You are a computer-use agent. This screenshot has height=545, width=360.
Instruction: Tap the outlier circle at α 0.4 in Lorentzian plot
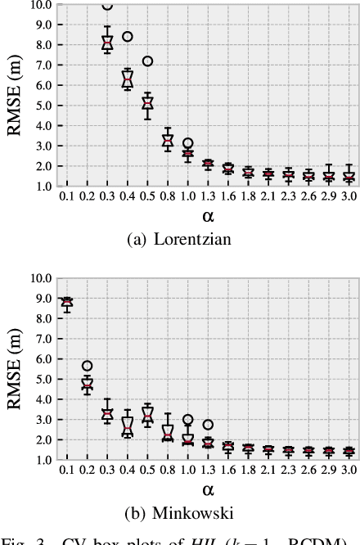[x=128, y=37]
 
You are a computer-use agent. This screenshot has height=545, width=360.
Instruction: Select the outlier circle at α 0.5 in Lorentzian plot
[x=147, y=61]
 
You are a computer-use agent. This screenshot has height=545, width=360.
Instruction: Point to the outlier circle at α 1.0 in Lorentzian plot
[x=187, y=143]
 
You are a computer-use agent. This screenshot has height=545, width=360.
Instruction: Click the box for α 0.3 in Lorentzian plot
[x=107, y=43]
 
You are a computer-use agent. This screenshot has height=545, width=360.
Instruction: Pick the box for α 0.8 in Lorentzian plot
[x=168, y=140]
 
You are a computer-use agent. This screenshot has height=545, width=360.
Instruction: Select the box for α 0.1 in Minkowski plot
[x=67, y=302]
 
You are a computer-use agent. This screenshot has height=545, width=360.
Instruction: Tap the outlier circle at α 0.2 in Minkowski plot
[x=88, y=366]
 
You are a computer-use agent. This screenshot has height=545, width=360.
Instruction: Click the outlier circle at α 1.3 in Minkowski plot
[x=208, y=425]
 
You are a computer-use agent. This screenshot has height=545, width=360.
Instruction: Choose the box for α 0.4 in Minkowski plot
[x=128, y=426]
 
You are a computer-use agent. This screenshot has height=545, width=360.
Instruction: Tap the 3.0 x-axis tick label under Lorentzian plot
[x=348, y=196]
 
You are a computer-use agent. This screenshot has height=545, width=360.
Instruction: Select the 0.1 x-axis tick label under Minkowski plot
[x=67, y=471]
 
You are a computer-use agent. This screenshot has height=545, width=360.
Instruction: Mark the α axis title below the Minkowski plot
[x=208, y=490]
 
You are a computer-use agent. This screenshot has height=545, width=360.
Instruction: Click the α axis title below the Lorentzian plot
[x=208, y=216]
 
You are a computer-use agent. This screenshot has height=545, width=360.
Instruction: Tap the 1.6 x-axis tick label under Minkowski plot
[x=227, y=471]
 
